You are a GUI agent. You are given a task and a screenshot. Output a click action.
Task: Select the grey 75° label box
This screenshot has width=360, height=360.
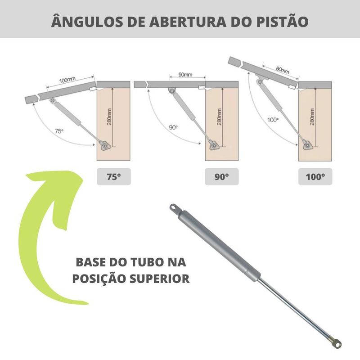pyautogui.click(x=113, y=176)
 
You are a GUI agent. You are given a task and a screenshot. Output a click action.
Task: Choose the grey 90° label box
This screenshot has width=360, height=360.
pyautogui.click(x=221, y=176)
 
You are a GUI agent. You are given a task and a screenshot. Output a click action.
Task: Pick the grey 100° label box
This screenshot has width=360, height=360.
pyautogui.click(x=315, y=176)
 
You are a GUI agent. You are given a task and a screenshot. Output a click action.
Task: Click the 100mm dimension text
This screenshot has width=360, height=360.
pyautogui.click(x=67, y=80)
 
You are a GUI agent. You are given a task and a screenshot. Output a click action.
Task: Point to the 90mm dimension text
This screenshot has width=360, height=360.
pyautogui.click(x=185, y=74)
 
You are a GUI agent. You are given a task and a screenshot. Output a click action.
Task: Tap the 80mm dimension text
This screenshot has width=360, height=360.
pyautogui.click(x=282, y=70)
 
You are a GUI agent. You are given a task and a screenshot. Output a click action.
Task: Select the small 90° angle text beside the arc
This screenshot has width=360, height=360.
pyautogui.click(x=174, y=127)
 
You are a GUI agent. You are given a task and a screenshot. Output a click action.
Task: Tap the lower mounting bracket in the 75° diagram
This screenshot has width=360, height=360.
pyautogui.click(x=105, y=145)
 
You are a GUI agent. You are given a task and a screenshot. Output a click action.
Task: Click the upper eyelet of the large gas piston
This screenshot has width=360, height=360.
pyautogui.click(x=173, y=208)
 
